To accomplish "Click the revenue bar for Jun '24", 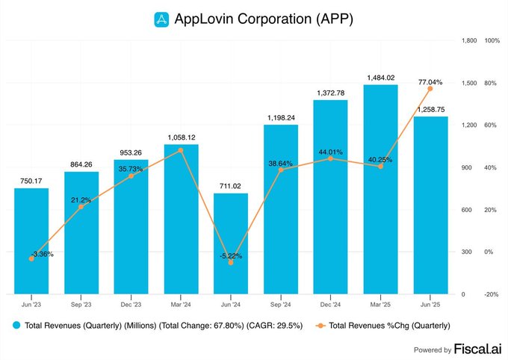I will tap(231, 243).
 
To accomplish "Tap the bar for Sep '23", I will tap(81, 232).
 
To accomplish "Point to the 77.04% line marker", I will tap(430, 89).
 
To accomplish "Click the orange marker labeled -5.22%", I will tap(231, 263).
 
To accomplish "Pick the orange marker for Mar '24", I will tap(181, 150).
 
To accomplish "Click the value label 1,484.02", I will tap(380, 77).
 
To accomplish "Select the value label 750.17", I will tap(31, 180).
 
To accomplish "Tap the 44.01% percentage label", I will tap(330, 152).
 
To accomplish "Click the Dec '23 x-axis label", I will tap(131, 305).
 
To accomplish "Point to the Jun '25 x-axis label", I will tap(430, 305).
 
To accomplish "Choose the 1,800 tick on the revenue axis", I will tap(468, 40).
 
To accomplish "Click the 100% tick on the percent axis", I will tap(492, 40).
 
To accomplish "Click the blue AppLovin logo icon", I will tap(162, 19).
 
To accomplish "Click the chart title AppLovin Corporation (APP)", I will tap(264, 19).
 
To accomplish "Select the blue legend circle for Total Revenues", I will tap(16, 326).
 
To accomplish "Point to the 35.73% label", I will tap(131, 169).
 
